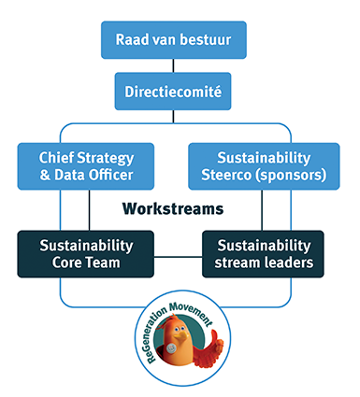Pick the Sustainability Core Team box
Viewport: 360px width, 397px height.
tap(86, 253)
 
